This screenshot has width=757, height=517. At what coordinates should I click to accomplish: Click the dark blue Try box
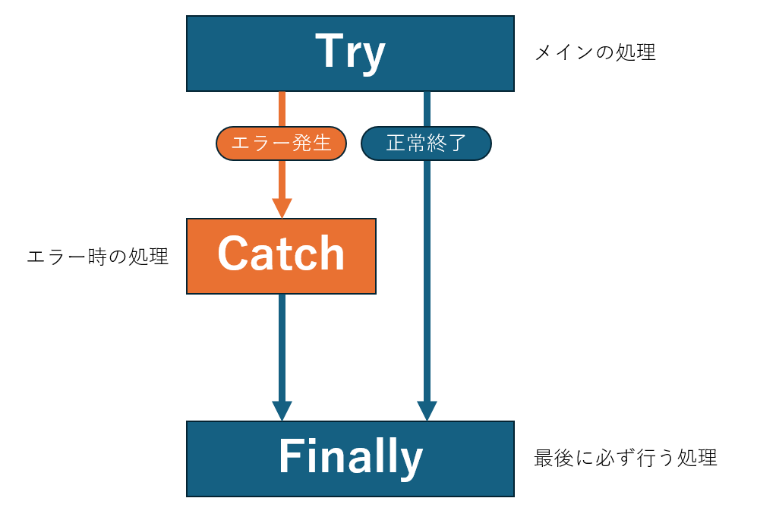(350, 53)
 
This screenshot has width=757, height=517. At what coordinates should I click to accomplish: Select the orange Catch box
(281, 256)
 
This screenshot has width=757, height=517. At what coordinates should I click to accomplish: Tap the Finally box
(350, 459)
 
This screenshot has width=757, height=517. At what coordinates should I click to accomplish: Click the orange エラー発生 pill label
(281, 143)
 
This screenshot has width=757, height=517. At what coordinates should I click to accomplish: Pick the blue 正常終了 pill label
(426, 143)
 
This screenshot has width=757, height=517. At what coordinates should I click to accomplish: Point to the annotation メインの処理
(595, 53)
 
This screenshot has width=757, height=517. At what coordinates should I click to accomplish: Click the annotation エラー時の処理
(97, 257)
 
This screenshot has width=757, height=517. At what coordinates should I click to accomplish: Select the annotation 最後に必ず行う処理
(625, 459)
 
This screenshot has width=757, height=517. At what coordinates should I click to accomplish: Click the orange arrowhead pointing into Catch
(282, 207)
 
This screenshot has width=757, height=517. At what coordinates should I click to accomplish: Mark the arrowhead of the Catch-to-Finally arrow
(282, 411)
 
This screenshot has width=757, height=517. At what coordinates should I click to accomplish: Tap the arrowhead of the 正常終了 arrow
(427, 411)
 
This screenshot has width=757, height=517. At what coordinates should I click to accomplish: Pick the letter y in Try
(373, 58)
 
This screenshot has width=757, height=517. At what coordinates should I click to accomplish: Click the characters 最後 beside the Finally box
(549, 459)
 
